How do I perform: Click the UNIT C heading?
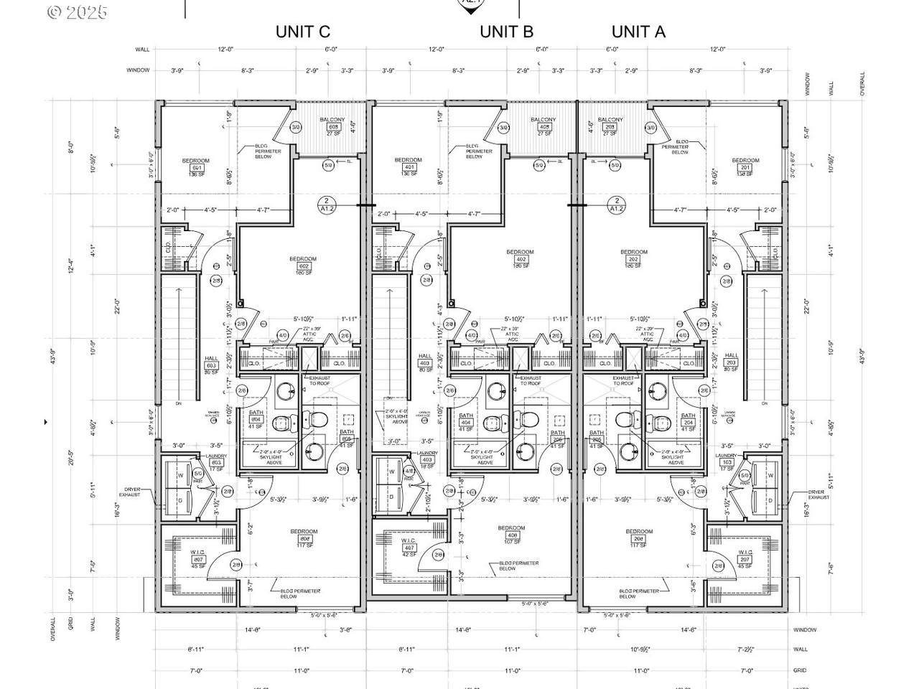coord(303,32)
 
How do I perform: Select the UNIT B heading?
coord(506,32)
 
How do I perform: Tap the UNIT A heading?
coord(638,32)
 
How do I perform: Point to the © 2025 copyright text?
coord(77,12)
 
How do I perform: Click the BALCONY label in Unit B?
coord(543,120)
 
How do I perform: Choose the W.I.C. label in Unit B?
coord(410,540)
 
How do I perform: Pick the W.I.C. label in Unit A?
coord(745,552)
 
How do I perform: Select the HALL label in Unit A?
coord(731,356)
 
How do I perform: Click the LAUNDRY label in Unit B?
coord(426,452)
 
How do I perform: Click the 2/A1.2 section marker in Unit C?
coord(326,205)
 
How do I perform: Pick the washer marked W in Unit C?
coord(180,475)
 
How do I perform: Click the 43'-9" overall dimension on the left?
coord(52,356)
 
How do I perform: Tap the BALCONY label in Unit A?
coord(610,120)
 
